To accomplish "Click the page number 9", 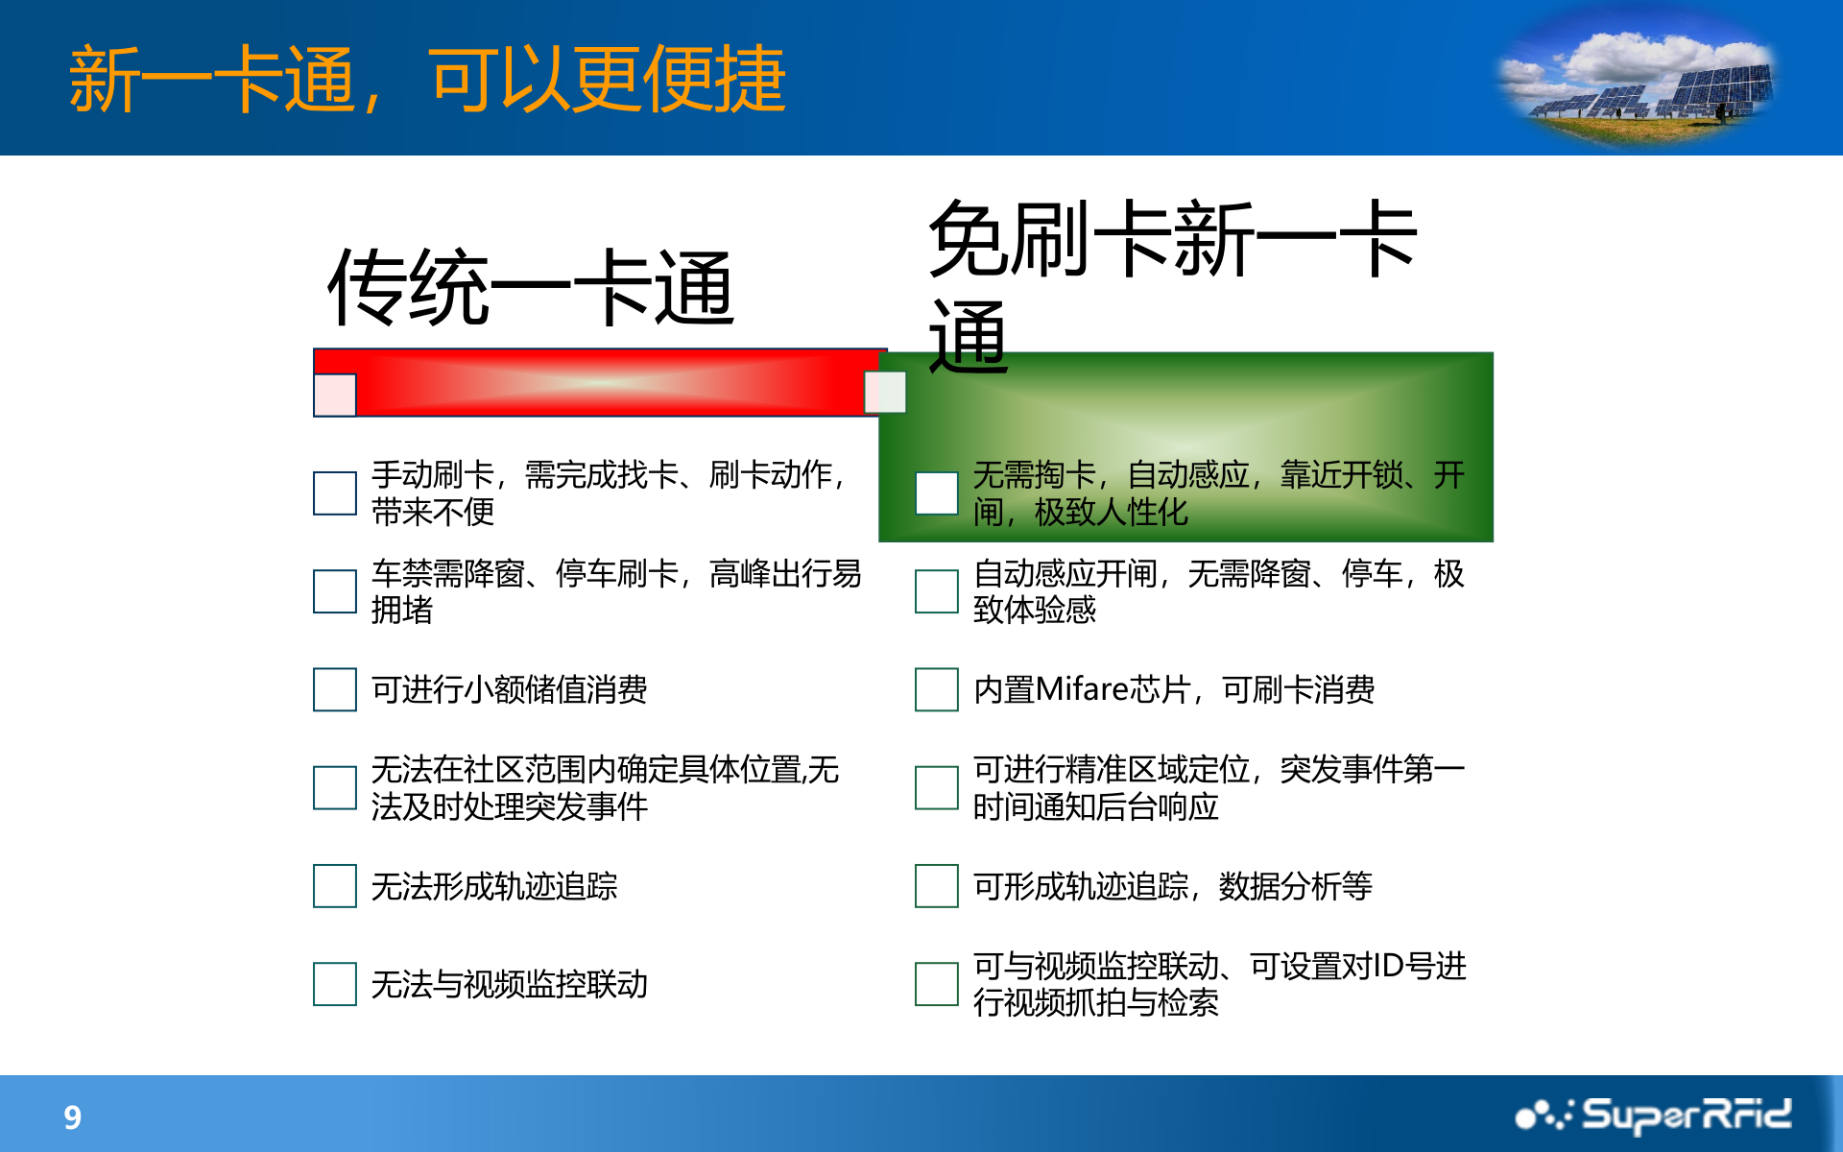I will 72,1116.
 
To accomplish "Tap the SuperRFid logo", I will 1653,1116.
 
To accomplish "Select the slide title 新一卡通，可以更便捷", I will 427,79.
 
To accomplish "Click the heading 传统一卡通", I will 531,287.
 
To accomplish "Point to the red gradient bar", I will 600,382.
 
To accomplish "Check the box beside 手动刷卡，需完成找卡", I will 335,492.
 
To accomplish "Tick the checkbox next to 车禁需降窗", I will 335,591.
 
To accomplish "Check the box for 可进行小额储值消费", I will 335,689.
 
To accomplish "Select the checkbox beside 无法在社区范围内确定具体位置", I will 335,787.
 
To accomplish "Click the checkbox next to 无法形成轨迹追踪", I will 335,885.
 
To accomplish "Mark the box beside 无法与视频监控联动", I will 335,984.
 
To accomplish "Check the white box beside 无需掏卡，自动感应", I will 937,492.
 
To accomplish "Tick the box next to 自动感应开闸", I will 937,591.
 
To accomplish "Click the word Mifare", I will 1082,689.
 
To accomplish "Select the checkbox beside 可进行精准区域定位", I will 937,787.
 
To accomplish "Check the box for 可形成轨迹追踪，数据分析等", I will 937,885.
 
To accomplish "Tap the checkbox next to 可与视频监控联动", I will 937,984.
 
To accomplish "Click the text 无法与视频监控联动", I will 510,984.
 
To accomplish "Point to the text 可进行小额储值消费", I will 510,689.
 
